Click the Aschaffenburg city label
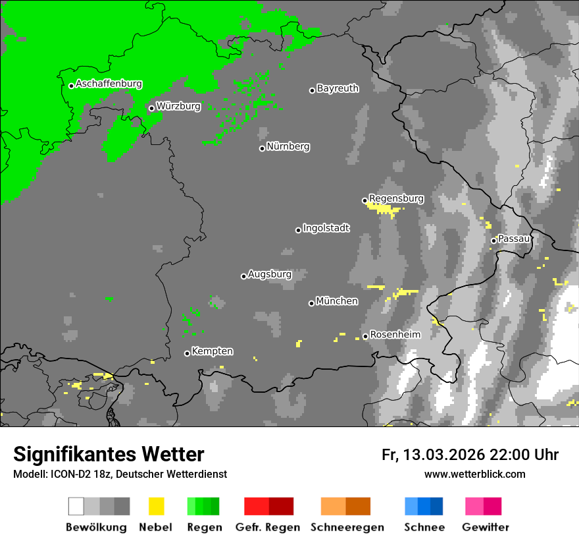(x=109, y=84)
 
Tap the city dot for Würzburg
(x=151, y=108)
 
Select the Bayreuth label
(x=338, y=88)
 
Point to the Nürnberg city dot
(x=262, y=148)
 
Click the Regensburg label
(x=396, y=198)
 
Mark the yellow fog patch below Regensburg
(x=382, y=208)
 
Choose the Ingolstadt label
(x=326, y=228)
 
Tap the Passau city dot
(x=493, y=241)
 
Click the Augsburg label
(x=269, y=274)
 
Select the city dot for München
(x=311, y=303)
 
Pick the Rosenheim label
(x=395, y=335)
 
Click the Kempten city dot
(x=187, y=353)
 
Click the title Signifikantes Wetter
(x=109, y=454)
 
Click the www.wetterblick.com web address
(x=474, y=474)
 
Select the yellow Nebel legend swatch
(x=156, y=506)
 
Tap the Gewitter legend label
(x=485, y=527)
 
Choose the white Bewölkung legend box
(x=76, y=506)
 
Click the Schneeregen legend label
(x=347, y=527)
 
